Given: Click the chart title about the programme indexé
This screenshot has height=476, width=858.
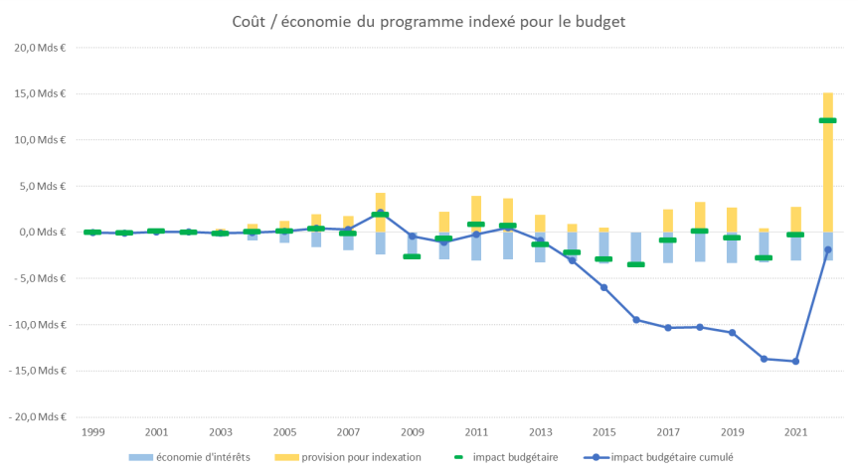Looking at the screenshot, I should click(x=429, y=22).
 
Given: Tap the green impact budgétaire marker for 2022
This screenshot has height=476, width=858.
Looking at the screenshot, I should click(x=828, y=120).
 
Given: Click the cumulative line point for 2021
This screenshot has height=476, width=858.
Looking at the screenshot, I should click(x=795, y=361).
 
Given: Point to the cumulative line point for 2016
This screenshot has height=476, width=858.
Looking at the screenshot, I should click(x=636, y=320).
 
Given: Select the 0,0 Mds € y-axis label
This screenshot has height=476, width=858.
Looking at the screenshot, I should click(x=40, y=233).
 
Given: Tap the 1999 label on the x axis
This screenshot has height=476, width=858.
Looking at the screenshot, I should click(x=92, y=433).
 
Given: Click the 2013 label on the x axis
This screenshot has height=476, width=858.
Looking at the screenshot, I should click(x=540, y=433).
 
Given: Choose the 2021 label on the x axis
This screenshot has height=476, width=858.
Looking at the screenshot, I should click(x=795, y=433).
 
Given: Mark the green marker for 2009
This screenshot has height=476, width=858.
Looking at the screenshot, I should click(x=413, y=256).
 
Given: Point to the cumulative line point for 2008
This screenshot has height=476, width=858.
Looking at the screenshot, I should click(x=381, y=213).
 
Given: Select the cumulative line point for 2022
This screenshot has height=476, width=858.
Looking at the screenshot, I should click(x=828, y=249).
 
